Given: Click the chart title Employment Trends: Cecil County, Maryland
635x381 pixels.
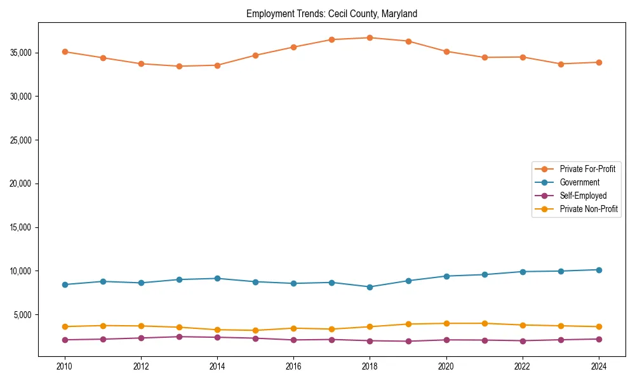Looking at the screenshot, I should tap(331, 13).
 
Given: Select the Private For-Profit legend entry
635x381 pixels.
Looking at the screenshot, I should tap(587, 169).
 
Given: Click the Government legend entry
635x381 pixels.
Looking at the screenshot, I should tap(579, 182).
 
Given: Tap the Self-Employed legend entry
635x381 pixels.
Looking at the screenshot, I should tap(583, 196).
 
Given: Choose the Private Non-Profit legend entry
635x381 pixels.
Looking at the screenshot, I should tap(589, 209).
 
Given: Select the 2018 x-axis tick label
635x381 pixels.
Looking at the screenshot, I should tap(370, 366).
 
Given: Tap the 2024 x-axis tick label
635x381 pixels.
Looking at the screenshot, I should tap(599, 366).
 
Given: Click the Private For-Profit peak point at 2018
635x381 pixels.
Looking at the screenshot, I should tap(370, 37).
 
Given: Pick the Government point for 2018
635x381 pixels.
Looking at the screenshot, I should tap(370, 287).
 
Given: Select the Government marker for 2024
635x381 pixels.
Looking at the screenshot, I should tap(599, 270).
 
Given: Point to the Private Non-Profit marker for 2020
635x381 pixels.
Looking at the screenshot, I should tap(446, 323).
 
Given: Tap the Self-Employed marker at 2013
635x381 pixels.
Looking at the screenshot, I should tap(179, 337).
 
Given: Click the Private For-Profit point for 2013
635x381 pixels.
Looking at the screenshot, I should tap(179, 66).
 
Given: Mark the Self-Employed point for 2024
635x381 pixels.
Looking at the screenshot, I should tap(599, 339).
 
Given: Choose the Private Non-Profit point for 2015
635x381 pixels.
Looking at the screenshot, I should tap(255, 330).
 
